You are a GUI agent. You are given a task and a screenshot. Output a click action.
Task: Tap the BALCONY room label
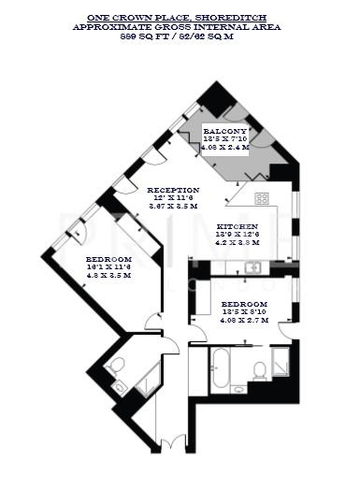[x=226, y=131]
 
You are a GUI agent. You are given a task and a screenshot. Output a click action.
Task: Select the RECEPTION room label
[x=173, y=189]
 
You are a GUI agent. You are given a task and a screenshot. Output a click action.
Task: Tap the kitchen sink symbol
[x=253, y=267]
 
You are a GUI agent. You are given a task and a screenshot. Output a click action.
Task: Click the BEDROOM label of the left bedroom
[x=108, y=259]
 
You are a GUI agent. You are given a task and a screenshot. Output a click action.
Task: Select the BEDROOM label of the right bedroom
[x=245, y=305]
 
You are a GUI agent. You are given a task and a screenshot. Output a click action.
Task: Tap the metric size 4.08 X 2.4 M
[x=226, y=147]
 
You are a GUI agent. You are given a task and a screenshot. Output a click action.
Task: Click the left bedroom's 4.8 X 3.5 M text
[x=108, y=276]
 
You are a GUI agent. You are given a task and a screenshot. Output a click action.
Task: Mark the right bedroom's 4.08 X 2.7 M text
[x=245, y=321]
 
